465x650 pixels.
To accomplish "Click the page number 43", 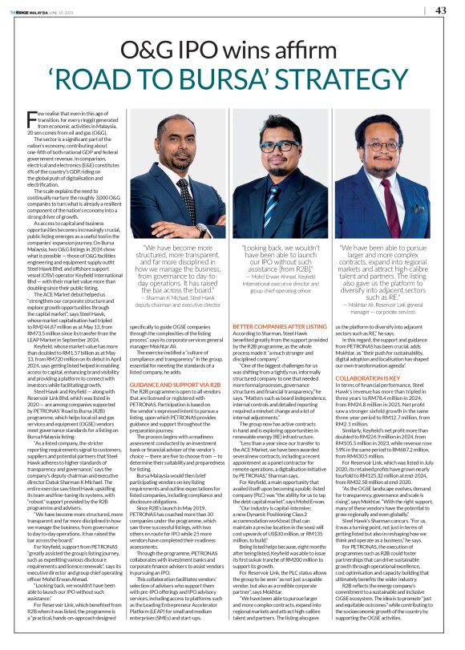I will pyautogui.click(x=441, y=10).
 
